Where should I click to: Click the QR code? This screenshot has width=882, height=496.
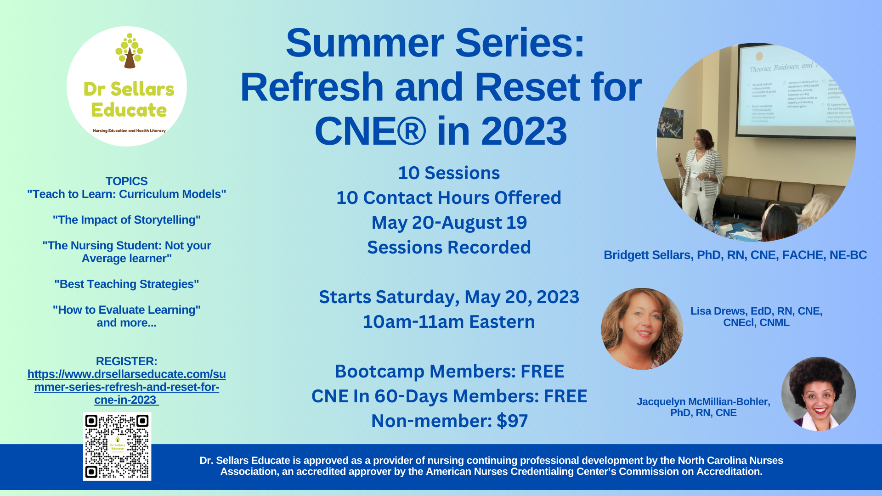[117, 446]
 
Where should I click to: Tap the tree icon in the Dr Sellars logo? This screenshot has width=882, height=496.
[129, 51]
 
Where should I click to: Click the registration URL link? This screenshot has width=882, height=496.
[126, 387]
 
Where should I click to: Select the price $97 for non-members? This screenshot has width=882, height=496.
[512, 421]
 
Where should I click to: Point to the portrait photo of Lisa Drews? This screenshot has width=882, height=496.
[642, 329]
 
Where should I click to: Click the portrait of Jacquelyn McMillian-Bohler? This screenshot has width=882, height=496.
[818, 394]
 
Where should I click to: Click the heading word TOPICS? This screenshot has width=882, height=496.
[126, 181]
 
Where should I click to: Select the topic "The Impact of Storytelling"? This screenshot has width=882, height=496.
[126, 220]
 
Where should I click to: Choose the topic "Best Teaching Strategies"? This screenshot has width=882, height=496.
[126, 284]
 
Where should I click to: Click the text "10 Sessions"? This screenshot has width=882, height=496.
[449, 173]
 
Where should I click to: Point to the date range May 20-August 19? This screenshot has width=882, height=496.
[449, 223]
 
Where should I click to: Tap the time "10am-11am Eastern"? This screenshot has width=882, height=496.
[449, 322]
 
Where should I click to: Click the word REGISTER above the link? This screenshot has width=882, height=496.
[126, 361]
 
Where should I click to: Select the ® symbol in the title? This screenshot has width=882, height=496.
[410, 131]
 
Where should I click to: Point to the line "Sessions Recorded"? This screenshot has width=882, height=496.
[449, 248]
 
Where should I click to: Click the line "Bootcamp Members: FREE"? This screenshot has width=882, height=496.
[449, 372]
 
